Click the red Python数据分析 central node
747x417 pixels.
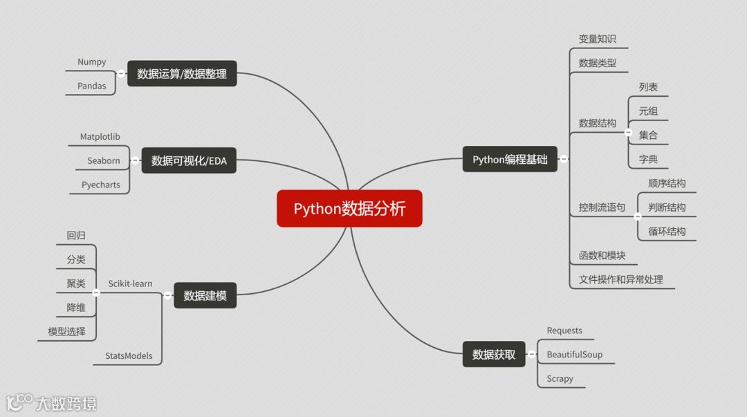(x=349, y=208)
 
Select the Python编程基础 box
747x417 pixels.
(x=510, y=160)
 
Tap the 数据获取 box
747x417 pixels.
(x=494, y=355)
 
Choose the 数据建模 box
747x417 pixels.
(x=205, y=296)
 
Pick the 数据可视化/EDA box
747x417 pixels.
(x=189, y=162)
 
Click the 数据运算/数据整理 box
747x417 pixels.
(x=182, y=74)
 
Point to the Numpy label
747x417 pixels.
(x=92, y=62)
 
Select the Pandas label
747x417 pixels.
(x=92, y=86)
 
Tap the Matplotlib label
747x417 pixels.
(x=100, y=137)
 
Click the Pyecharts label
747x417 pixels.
(x=101, y=185)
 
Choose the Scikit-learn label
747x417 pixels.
(x=130, y=284)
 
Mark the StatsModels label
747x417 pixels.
(x=129, y=356)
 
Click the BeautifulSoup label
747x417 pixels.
(x=574, y=355)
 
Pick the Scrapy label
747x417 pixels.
(x=560, y=379)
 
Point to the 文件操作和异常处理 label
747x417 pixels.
(x=620, y=279)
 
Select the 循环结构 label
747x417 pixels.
(x=667, y=232)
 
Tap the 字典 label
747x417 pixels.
(x=648, y=160)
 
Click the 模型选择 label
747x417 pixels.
(x=67, y=332)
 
